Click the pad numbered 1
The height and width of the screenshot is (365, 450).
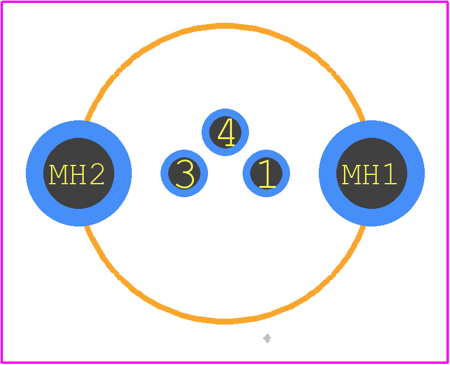pyautogui.click(x=267, y=173)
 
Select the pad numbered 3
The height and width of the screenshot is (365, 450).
pyautogui.click(x=184, y=173)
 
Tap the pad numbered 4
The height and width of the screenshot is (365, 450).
pyautogui.click(x=225, y=132)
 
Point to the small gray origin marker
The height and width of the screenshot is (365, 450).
pyautogui.click(x=267, y=338)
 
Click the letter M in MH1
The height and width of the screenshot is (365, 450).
pyautogui.click(x=351, y=174)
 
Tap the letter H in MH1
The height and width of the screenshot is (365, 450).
pyautogui.click(x=370, y=174)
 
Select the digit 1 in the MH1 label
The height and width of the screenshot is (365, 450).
pyautogui.click(x=390, y=174)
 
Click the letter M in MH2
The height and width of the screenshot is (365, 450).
pyautogui.click(x=58, y=174)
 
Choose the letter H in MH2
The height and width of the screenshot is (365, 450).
pyautogui.click(x=77, y=174)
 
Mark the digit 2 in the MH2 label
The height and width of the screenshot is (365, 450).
pyautogui.click(x=97, y=174)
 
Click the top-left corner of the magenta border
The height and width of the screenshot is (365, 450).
pyautogui.click(x=2, y=2)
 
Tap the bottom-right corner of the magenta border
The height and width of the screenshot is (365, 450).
pyautogui.click(x=448, y=363)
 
